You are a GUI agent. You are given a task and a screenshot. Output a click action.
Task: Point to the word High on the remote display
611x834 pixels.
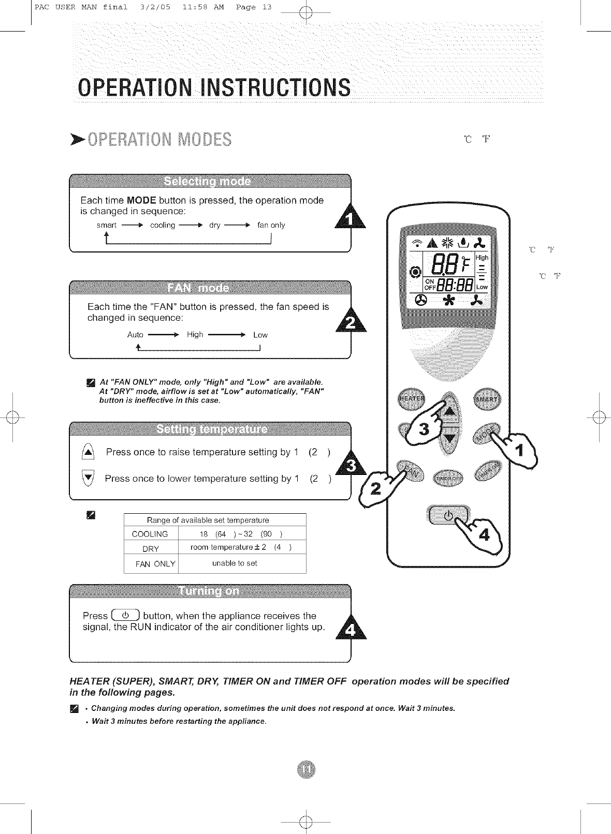[482, 258]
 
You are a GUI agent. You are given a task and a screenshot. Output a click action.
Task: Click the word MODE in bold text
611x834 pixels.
[141, 200]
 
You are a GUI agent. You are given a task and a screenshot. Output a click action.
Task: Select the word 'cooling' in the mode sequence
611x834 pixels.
[163, 226]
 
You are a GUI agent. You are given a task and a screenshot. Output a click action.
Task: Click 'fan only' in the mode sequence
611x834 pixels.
[271, 226]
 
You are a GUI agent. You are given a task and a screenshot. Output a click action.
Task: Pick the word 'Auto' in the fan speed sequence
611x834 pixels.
[135, 335]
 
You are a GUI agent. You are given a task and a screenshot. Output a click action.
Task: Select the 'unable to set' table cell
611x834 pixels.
[235, 563]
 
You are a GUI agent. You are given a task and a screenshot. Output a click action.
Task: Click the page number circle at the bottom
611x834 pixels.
[306, 769]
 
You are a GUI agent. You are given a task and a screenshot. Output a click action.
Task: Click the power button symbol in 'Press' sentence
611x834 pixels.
[124, 616]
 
